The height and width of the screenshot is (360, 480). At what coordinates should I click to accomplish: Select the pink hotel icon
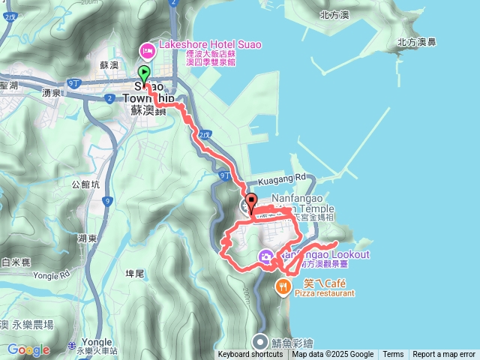tap(146, 50)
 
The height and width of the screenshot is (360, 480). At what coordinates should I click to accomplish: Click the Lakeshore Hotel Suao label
tap(205, 45)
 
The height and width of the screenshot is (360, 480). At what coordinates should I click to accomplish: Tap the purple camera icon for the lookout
tap(266, 258)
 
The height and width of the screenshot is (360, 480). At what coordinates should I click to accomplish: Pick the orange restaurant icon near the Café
tap(283, 286)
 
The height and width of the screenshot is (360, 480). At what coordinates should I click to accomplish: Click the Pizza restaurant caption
tap(324, 294)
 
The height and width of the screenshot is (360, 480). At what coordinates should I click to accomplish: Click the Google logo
tap(28, 349)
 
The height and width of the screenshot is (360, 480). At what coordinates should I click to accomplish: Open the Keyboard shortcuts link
tap(250, 355)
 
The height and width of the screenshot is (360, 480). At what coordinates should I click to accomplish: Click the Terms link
tap(393, 355)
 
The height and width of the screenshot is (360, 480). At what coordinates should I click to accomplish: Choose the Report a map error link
tap(444, 355)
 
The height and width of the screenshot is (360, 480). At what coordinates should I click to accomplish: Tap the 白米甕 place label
tap(16, 262)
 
